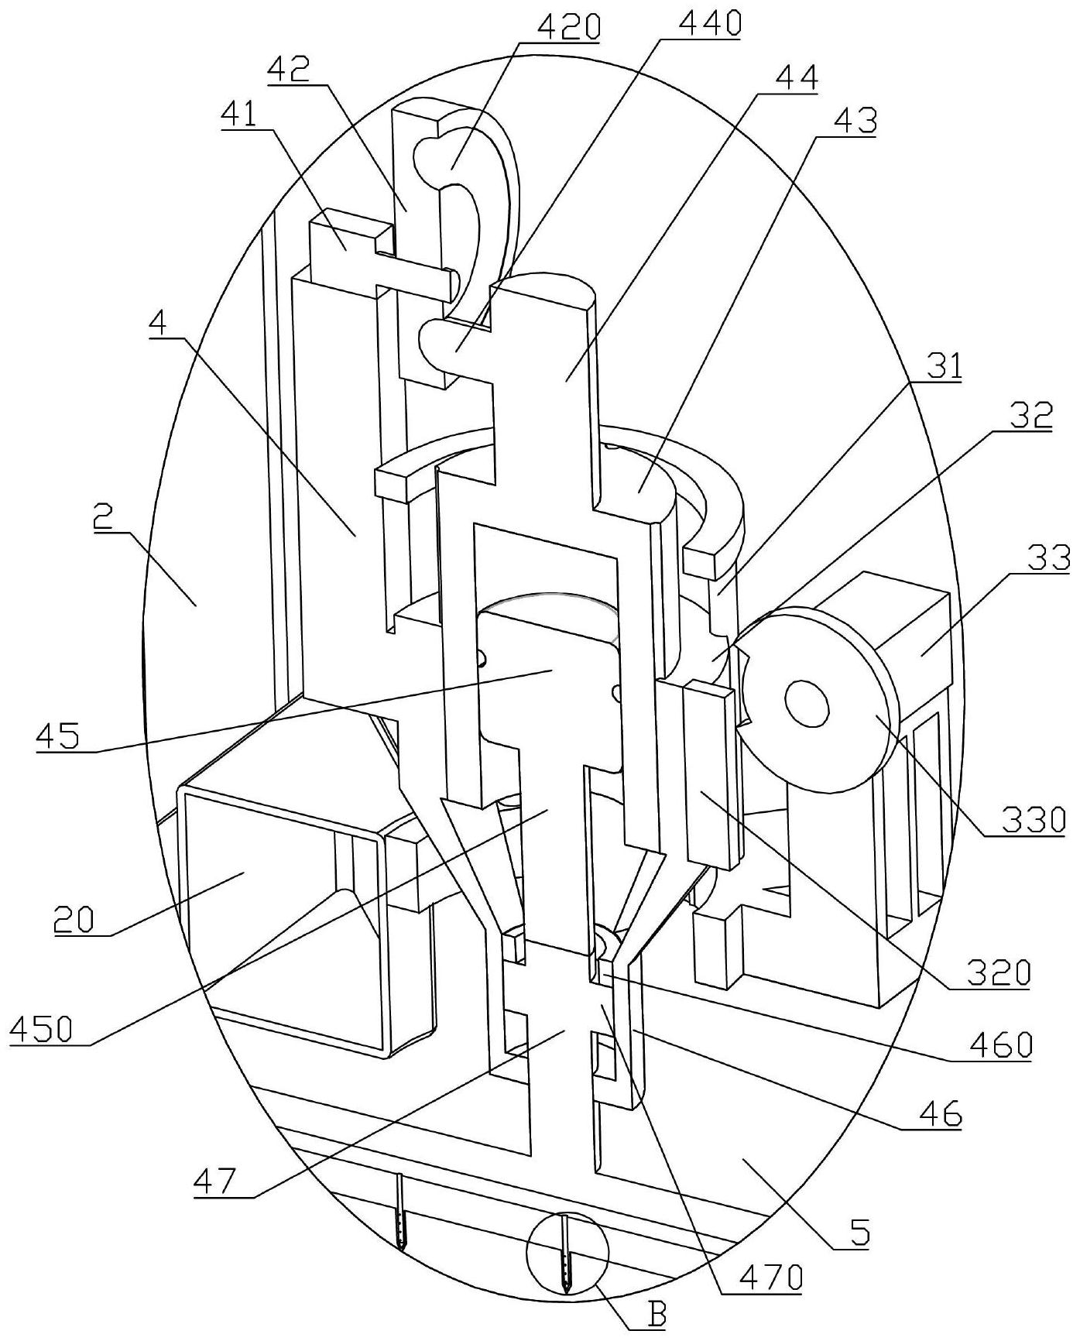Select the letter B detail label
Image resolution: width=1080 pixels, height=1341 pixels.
click(657, 1314)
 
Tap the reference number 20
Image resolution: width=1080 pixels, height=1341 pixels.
click(74, 921)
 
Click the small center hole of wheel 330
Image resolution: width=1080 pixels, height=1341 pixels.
click(807, 704)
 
